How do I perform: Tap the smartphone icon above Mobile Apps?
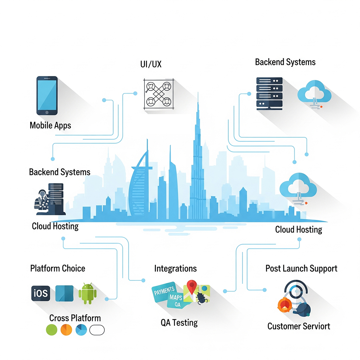(x=47, y=95)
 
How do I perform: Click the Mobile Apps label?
(x=50, y=126)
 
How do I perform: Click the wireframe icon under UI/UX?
(x=157, y=94)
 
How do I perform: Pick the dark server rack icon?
(x=270, y=93)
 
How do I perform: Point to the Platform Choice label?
(x=58, y=269)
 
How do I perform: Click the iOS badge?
(x=40, y=293)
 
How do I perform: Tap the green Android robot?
(x=88, y=293)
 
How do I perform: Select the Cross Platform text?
(x=75, y=318)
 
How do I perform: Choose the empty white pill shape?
(x=97, y=330)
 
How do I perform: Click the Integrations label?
(x=175, y=269)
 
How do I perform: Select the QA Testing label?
(x=179, y=322)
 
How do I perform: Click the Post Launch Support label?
(x=301, y=269)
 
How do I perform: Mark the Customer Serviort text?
(x=298, y=327)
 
